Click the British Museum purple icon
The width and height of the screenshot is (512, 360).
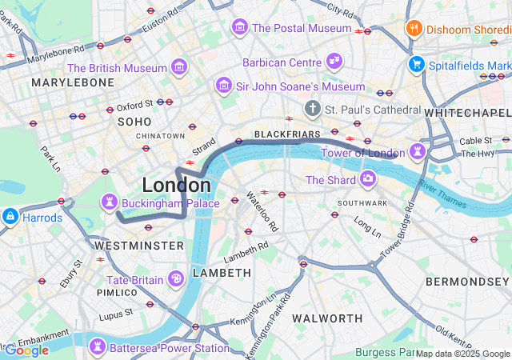180,65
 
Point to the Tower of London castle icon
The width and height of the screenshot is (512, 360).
417,150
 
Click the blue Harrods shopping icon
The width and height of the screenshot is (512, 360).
10,216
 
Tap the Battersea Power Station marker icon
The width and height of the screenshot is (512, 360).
98,346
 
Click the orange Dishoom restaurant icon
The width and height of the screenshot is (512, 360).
414,28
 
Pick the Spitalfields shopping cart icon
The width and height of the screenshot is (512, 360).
416,64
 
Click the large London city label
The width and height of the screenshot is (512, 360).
176,185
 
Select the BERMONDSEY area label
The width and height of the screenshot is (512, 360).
467,282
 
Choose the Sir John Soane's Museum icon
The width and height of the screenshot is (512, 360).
223,85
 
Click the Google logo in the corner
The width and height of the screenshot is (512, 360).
26,350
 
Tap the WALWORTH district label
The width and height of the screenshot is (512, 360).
327,318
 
